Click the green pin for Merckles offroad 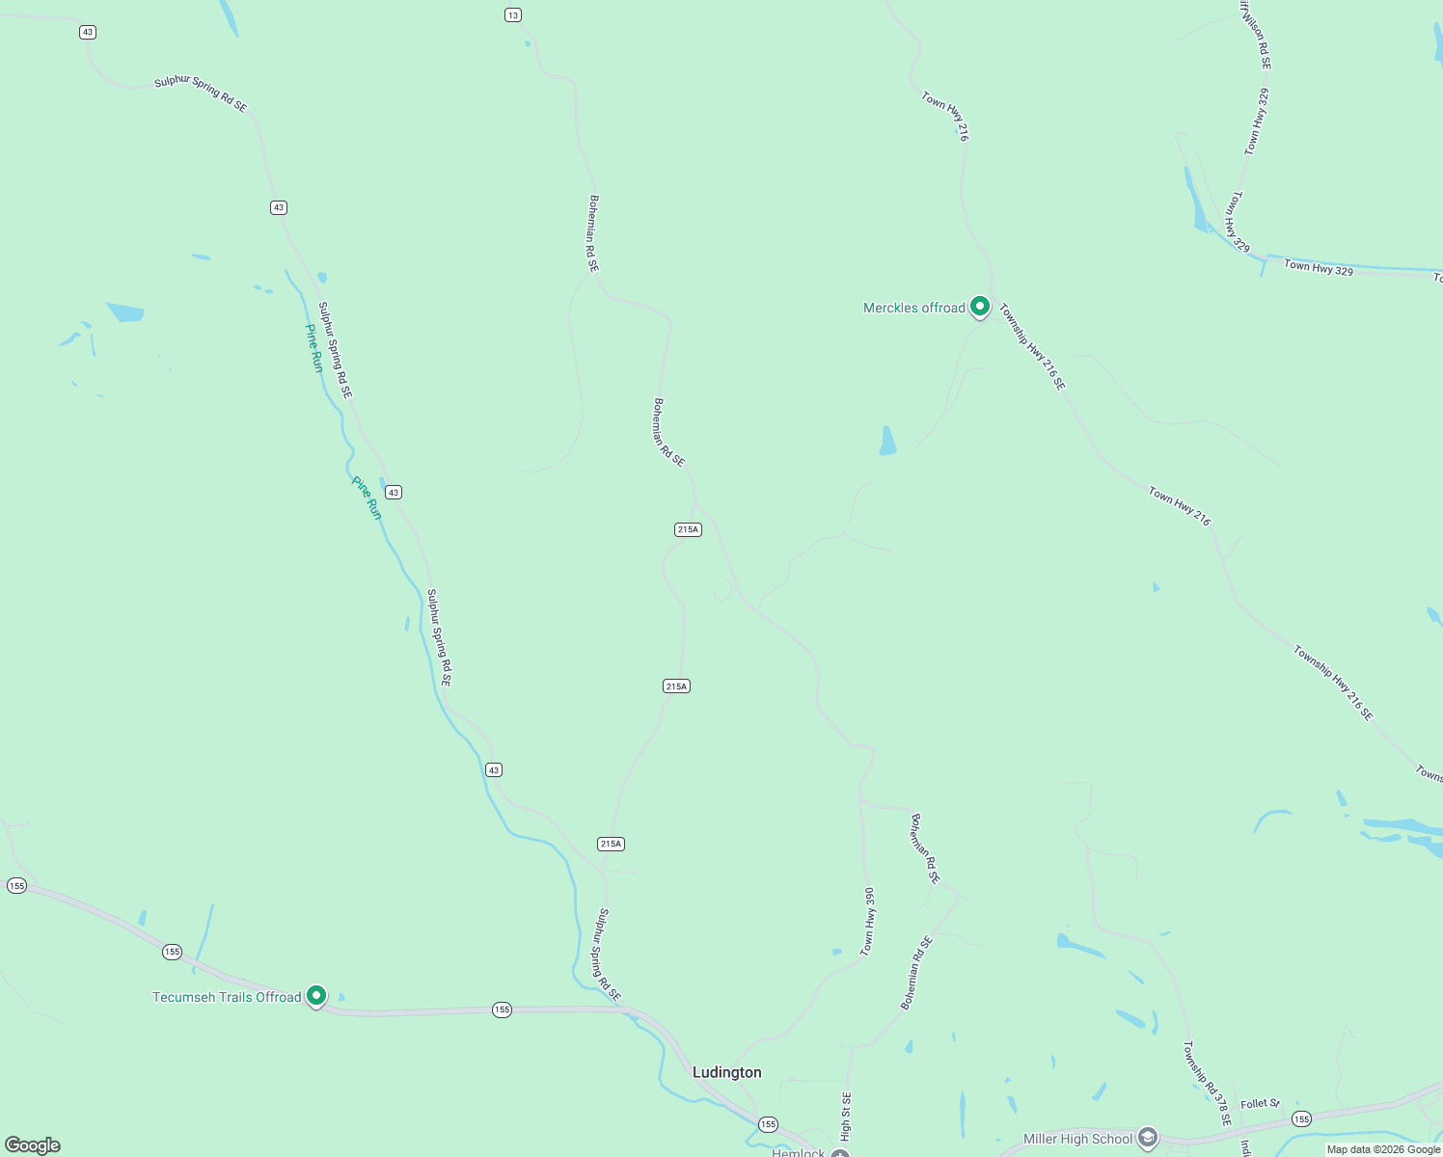(x=980, y=307)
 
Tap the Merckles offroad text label (x=913, y=309)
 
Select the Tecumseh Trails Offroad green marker (x=316, y=995)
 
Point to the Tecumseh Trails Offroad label (x=227, y=997)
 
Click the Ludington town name (x=726, y=1072)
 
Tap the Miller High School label (x=1077, y=1139)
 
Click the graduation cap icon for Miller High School (x=1147, y=1138)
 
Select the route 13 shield (x=513, y=14)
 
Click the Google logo (x=33, y=1144)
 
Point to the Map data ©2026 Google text (x=1383, y=1149)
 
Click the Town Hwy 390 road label (x=868, y=922)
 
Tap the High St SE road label (x=846, y=1116)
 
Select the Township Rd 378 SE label (x=1208, y=1084)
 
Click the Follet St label (x=1260, y=1103)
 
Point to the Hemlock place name (x=799, y=1152)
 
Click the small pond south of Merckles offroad (x=887, y=441)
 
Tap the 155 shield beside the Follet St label (x=1301, y=1119)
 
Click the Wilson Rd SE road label (x=1257, y=37)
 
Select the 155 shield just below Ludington (x=768, y=1124)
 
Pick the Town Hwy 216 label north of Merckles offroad (x=944, y=117)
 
